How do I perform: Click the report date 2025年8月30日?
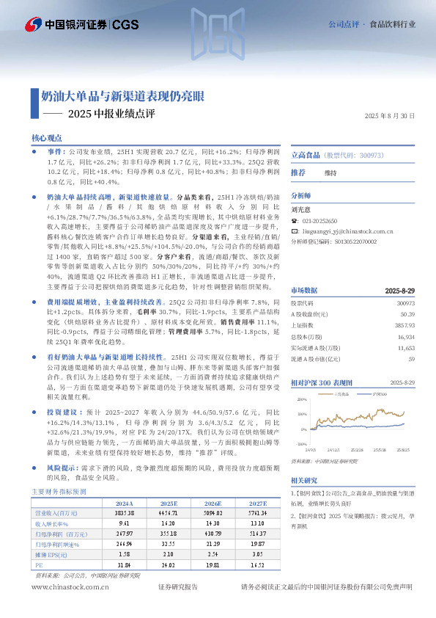pyautogui.click(x=388, y=116)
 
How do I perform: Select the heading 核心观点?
pyautogui.click(x=48, y=138)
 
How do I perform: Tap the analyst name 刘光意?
pyautogui.click(x=301, y=209)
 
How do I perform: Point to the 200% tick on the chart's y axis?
pyautogui.click(x=302, y=400)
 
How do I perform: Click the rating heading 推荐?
pyautogui.click(x=298, y=172)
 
